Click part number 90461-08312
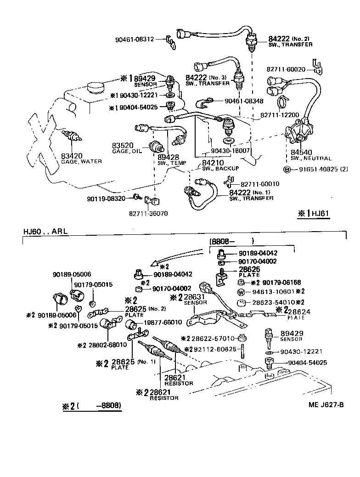(134, 40)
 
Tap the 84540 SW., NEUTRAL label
(304, 154)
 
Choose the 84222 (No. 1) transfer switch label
(252, 195)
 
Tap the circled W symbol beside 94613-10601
(241, 292)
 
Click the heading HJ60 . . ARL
(45, 232)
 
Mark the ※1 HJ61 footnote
(315, 213)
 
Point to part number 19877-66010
(163, 322)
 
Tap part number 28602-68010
(99, 344)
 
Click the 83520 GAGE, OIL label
(127, 148)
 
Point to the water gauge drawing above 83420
(72, 137)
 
